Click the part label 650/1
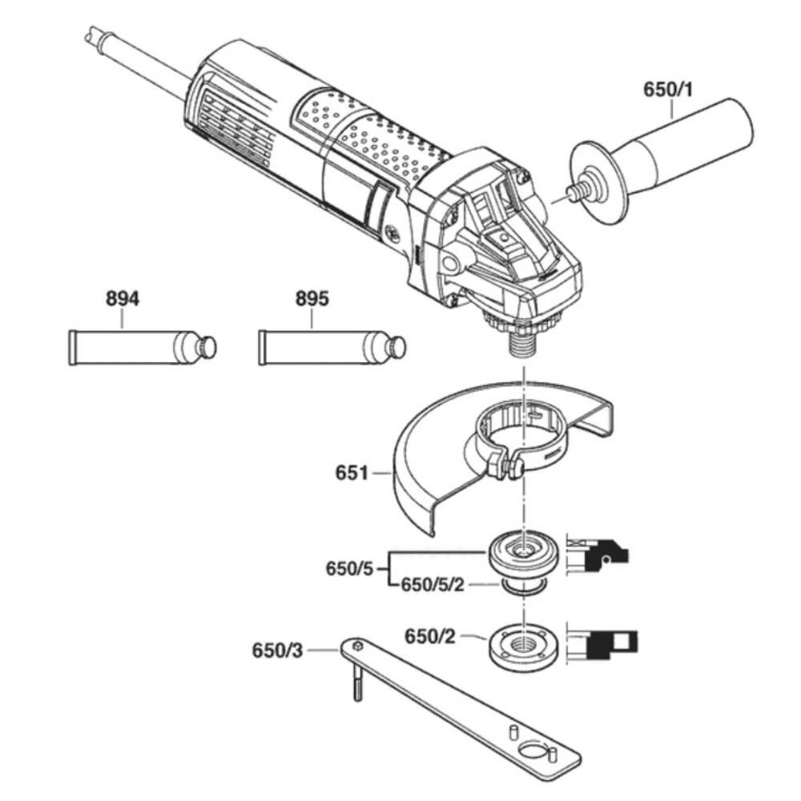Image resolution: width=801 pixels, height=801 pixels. click(668, 90)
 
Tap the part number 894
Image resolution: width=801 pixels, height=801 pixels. click(123, 298)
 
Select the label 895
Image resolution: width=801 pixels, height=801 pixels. click(312, 298)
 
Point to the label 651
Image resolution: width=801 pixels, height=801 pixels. click(352, 473)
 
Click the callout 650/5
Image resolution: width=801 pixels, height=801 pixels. click(350, 568)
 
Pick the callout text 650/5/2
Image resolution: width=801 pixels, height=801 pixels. click(433, 585)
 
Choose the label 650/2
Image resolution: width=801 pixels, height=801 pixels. click(429, 637)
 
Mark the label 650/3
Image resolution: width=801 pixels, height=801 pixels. click(277, 650)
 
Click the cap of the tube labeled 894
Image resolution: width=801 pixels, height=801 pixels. click(208, 348)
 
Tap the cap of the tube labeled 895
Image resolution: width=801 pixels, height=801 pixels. click(397, 348)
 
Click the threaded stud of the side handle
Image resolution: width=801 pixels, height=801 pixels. click(574, 191)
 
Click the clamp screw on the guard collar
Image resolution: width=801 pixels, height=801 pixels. click(513, 469)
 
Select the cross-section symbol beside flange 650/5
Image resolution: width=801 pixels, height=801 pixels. click(598, 557)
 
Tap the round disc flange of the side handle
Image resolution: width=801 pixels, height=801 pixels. click(598, 182)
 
